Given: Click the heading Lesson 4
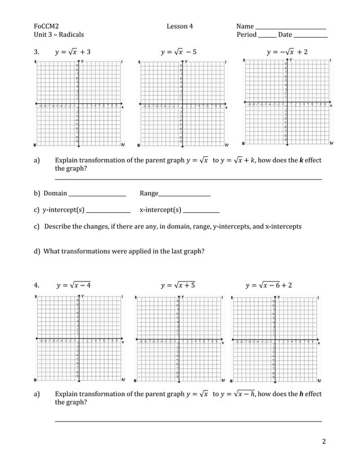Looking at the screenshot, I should (x=179, y=26).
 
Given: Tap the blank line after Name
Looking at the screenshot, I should (x=291, y=27).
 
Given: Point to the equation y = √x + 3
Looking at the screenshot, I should (x=73, y=52).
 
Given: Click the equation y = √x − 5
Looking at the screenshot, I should (x=178, y=52).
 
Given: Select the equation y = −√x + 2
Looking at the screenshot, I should (x=287, y=52).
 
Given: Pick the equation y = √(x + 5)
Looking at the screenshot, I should (x=178, y=285).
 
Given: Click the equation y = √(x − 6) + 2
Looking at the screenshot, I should (x=269, y=285).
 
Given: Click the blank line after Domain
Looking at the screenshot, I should (x=97, y=195).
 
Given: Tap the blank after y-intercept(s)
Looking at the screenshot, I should (x=108, y=211).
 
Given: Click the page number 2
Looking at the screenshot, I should (x=324, y=441).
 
